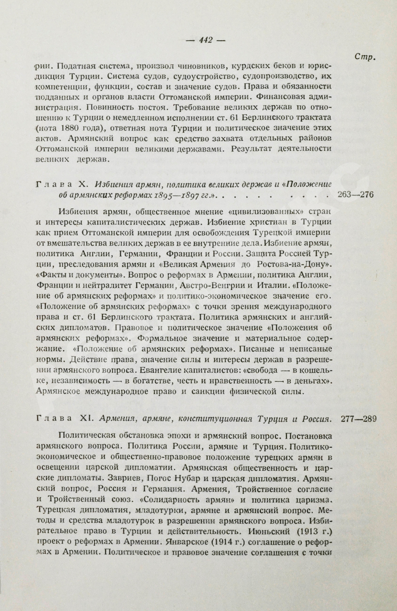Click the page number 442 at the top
206,40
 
